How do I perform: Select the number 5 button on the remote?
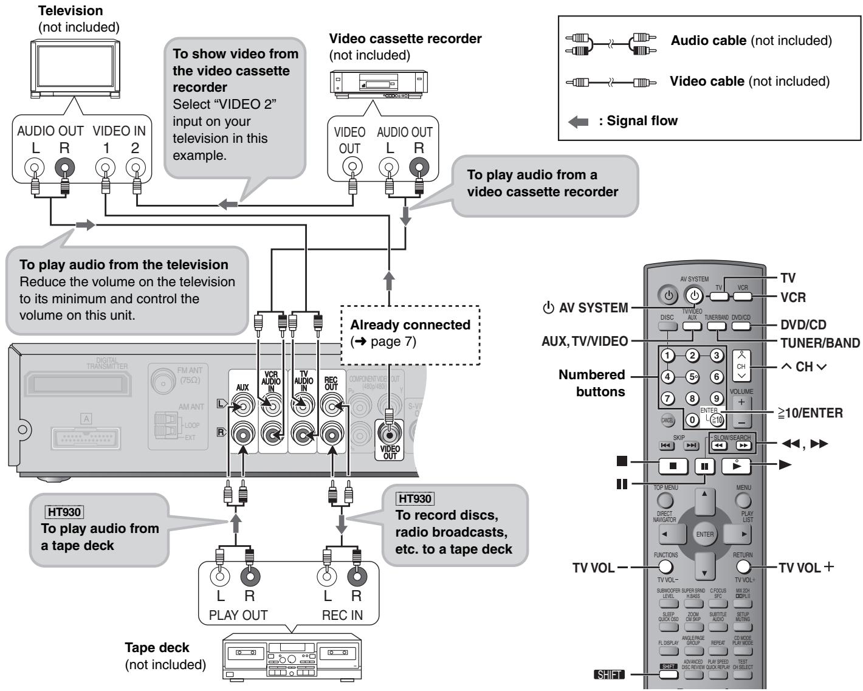tap(692, 376)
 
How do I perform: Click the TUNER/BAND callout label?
tap(820, 342)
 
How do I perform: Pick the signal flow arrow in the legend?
tap(579, 121)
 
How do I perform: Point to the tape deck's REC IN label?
tap(342, 614)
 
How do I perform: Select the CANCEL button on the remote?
tap(667, 419)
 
